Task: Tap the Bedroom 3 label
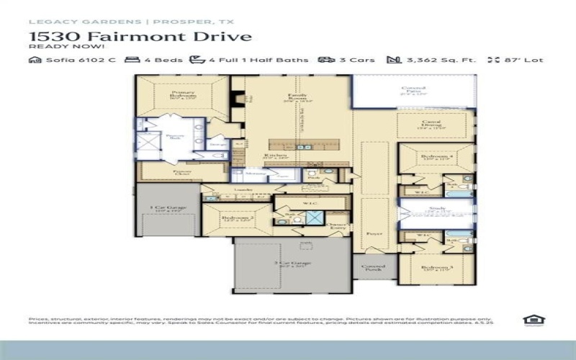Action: click(x=437, y=269)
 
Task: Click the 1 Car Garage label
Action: click(x=167, y=208)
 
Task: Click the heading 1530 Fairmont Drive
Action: click(x=140, y=36)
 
